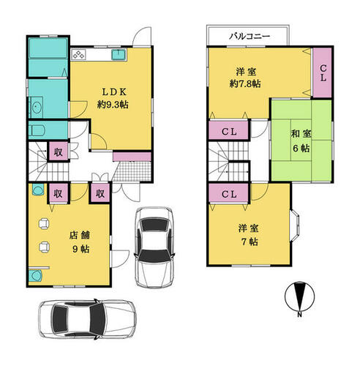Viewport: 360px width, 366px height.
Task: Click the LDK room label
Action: [113, 98]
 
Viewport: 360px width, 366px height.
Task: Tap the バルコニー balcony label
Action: [250, 37]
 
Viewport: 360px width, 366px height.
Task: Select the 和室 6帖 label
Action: [301, 141]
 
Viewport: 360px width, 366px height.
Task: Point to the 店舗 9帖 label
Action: [80, 242]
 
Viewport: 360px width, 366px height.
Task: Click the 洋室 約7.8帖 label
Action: [245, 78]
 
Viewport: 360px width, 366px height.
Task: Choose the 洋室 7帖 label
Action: [249, 235]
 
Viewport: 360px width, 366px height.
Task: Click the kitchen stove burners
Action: [78, 54]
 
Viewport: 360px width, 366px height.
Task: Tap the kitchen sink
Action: [119, 54]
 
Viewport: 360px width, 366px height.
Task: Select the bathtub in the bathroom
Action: [48, 48]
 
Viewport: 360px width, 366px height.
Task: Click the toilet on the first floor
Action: [37, 130]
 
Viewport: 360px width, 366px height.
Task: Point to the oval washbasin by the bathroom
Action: [37, 108]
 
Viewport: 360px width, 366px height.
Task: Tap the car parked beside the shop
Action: [154, 247]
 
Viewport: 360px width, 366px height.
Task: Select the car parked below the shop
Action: [87, 319]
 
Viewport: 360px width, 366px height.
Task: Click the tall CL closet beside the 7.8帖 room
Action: [323, 72]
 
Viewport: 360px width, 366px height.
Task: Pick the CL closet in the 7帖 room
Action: [229, 193]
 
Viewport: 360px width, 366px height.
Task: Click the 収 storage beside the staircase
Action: [59, 152]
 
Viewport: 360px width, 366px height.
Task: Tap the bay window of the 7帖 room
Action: [295, 225]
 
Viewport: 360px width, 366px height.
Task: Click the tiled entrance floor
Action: [132, 171]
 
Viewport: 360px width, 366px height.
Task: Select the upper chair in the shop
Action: [44, 223]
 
